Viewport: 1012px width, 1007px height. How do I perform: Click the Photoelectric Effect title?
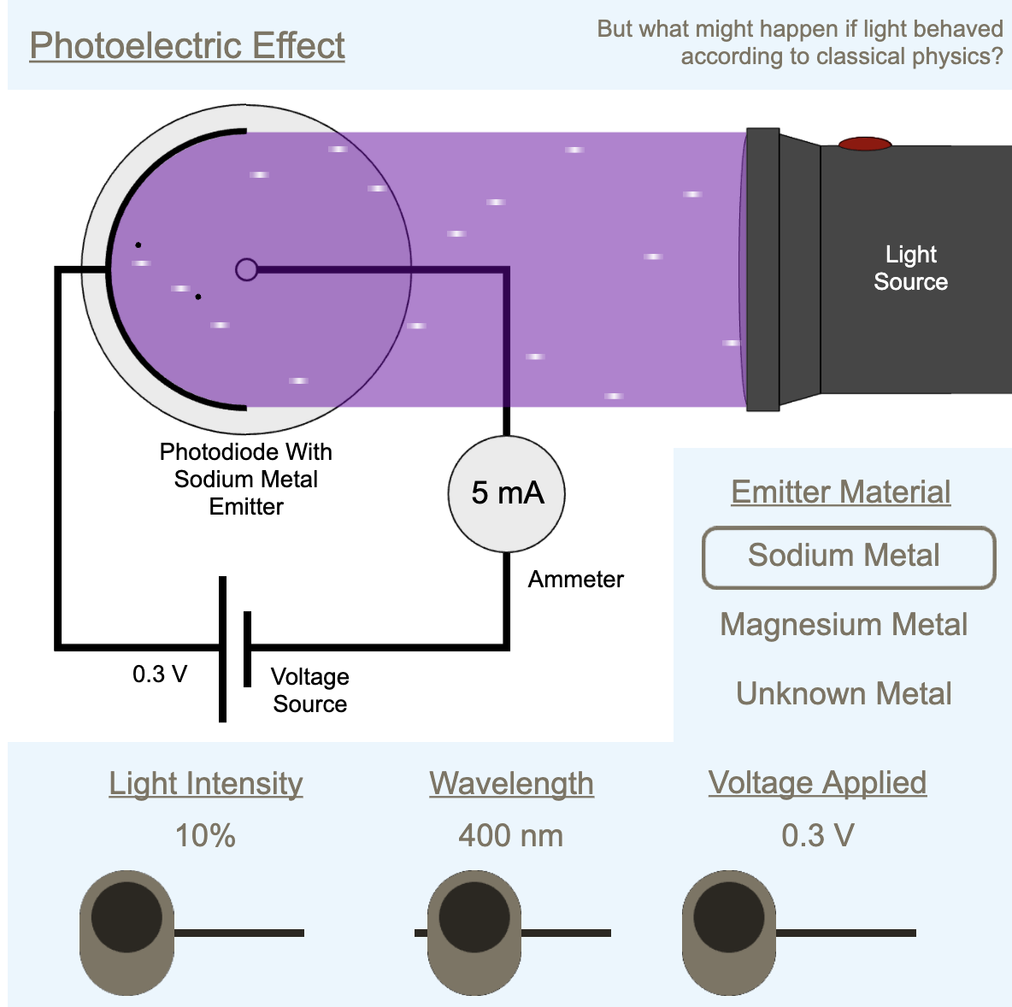pyautogui.click(x=187, y=45)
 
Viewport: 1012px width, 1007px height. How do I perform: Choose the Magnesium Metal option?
pyautogui.click(x=844, y=625)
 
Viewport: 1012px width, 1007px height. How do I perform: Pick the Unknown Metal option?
pyautogui.click(x=844, y=693)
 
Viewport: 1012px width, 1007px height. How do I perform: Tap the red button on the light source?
pyautogui.click(x=864, y=144)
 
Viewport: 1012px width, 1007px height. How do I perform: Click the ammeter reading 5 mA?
pyautogui.click(x=507, y=493)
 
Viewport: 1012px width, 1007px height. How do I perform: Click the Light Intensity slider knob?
pyautogui.click(x=126, y=918)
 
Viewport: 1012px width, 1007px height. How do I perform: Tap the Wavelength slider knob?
pyautogui.click(x=474, y=918)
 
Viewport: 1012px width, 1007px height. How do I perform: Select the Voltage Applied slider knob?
pyautogui.click(x=728, y=918)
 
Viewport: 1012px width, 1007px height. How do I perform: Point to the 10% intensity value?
pyautogui.click(x=205, y=835)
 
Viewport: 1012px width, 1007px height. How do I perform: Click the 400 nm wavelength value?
pyautogui.click(x=510, y=835)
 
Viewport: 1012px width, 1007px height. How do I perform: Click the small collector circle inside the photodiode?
pyautogui.click(x=246, y=270)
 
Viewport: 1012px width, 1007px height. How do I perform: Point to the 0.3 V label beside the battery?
pyautogui.click(x=160, y=674)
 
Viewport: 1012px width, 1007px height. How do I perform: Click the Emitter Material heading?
pyautogui.click(x=841, y=492)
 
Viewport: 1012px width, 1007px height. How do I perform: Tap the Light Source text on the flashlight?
pyautogui.click(x=910, y=268)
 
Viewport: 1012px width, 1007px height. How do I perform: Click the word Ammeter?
pyautogui.click(x=575, y=580)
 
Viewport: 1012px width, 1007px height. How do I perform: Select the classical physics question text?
pyautogui.click(x=799, y=43)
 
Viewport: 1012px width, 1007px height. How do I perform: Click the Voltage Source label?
pyautogui.click(x=309, y=690)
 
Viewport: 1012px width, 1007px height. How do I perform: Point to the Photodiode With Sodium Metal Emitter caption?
pyautogui.click(x=246, y=479)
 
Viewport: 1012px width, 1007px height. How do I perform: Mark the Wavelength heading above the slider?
pyautogui.click(x=511, y=783)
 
